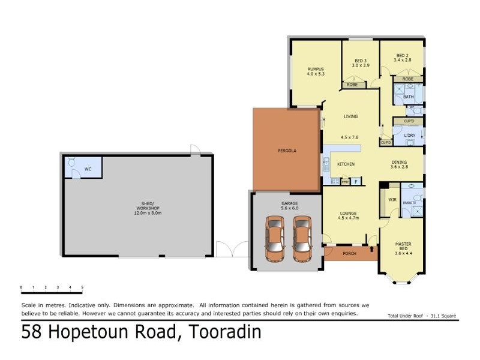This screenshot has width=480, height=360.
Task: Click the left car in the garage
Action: tap(275, 239)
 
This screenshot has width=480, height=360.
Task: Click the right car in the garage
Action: tap(302, 239)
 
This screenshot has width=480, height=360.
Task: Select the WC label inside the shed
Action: tap(88, 169)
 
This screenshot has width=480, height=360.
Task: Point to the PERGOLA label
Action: tap(287, 150)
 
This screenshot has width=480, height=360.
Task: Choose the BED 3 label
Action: tap(360, 61)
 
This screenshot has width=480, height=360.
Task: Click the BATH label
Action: tap(408, 97)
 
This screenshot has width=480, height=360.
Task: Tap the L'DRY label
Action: tap(410, 136)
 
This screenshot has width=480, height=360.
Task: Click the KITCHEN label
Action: tap(346, 164)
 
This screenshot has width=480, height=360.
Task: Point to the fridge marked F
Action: tap(356, 181)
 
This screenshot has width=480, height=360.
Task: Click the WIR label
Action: tap(392, 199)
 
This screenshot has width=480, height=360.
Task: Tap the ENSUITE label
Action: tap(410, 203)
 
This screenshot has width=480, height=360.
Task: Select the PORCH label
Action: tap(349, 254)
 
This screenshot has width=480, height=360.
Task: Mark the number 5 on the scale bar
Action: tap(82, 288)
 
